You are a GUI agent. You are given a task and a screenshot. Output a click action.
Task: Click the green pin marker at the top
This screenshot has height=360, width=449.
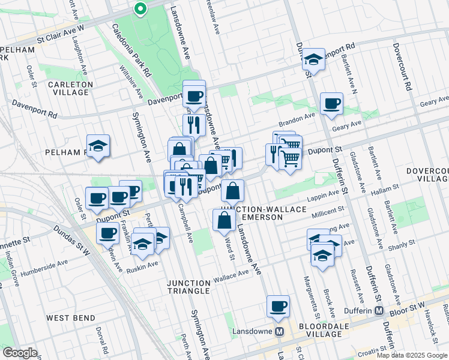[140, 8]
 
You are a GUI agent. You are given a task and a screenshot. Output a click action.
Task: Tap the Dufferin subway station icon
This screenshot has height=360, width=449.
[379, 311]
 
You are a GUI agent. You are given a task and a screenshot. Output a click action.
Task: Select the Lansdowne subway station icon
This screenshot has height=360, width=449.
[279, 331]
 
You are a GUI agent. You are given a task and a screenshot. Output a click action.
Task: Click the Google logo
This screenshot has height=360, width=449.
[20, 353]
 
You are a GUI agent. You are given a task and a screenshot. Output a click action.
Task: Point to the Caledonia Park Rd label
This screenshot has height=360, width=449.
[131, 51]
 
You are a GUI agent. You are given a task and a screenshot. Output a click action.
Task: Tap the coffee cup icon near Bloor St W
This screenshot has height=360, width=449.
[278, 306]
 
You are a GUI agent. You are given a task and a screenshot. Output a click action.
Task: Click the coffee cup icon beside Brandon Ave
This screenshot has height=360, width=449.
[331, 104]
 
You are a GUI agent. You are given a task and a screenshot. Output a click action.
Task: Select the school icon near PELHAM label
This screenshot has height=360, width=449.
[98, 145]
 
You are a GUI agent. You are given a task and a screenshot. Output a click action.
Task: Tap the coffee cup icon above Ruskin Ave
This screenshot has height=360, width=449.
[108, 233]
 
